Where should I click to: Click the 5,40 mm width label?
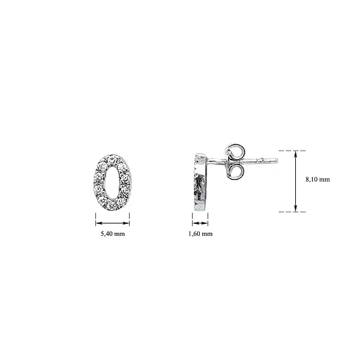(x=113, y=233)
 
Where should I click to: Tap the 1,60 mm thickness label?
(x=200, y=233)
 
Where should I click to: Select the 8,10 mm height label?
(x=317, y=179)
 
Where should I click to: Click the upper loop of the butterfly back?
(x=234, y=149)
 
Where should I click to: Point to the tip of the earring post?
(x=278, y=160)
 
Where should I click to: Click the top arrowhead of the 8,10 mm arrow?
(x=296, y=154)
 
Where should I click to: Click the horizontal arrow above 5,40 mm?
(x=113, y=219)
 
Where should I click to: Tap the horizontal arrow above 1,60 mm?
(x=200, y=219)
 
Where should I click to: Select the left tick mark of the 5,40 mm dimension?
(x=96, y=219)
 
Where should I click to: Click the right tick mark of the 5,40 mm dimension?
(x=130, y=219)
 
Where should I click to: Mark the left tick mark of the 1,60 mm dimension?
(x=193, y=219)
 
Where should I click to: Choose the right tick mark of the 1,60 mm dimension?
(x=208, y=219)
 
